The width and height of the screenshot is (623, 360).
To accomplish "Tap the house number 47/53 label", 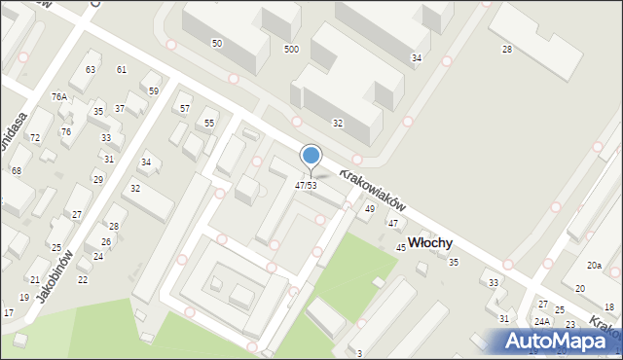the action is tap(306, 185).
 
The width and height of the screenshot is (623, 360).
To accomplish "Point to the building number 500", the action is tap(291, 49).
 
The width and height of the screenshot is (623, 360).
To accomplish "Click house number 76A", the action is tap(59, 96).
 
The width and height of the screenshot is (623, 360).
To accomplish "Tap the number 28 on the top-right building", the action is tap(507, 49).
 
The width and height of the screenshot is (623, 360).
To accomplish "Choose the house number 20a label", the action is tap(594, 265).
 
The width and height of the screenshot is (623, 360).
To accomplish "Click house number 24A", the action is tap(542, 321).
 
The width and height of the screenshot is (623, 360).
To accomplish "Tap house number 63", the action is tap(91, 69).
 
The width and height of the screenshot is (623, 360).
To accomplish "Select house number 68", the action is tap(17, 170).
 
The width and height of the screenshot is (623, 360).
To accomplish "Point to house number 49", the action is tap(370, 209).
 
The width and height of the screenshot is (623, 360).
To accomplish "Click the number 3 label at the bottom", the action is tap(359, 353).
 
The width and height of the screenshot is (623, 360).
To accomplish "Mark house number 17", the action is tap(9, 312).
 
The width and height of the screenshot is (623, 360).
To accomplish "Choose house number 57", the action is tap(185, 108).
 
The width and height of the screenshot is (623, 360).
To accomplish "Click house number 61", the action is tap(122, 69).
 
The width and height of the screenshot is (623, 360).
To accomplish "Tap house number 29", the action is tap(97, 179).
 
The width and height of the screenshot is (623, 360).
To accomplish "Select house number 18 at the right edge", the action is tap(609, 306).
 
